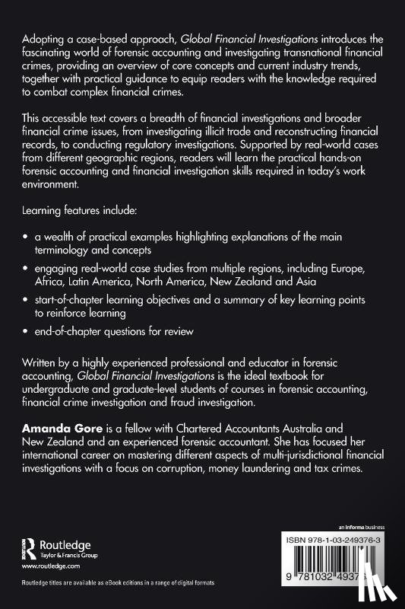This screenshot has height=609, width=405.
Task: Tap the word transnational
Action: click(271, 52)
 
